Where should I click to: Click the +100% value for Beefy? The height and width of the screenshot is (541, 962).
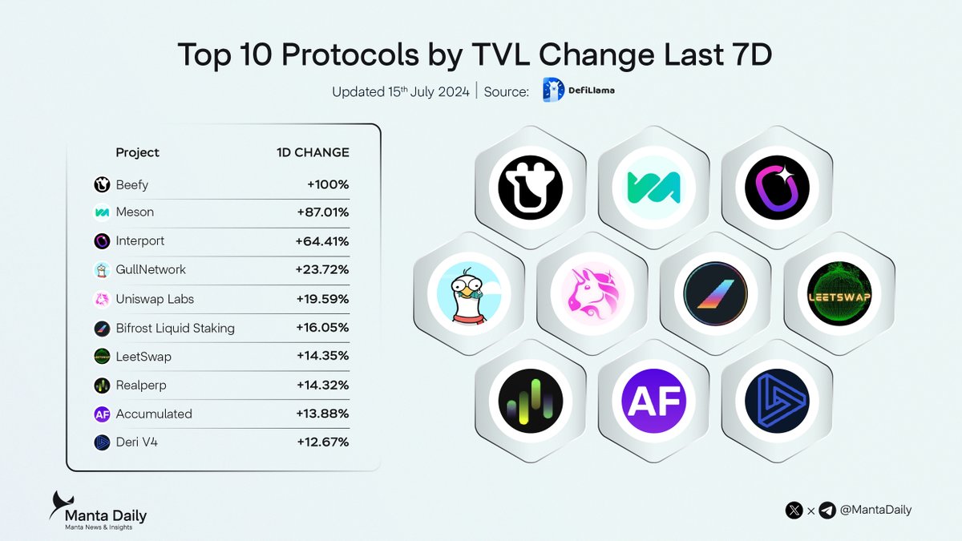tap(328, 185)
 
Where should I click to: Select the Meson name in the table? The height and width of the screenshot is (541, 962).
tap(135, 212)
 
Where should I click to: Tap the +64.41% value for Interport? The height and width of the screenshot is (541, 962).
tap(322, 240)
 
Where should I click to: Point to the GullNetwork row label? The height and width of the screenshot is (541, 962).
tap(151, 270)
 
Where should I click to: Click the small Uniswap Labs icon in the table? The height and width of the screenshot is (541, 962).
tap(102, 299)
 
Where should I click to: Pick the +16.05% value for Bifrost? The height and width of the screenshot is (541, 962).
tap(322, 328)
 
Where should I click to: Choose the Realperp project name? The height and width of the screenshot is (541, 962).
tap(141, 385)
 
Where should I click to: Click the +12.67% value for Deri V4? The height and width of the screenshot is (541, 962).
tap(323, 442)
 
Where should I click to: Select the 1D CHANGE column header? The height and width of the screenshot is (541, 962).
tap(307, 152)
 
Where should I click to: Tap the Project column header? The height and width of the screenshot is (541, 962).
tap(137, 152)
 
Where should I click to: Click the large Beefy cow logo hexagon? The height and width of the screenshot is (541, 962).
tap(530, 188)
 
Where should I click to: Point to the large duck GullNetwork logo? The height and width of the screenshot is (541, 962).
tap(469, 294)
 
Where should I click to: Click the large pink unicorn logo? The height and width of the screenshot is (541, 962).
tap(592, 294)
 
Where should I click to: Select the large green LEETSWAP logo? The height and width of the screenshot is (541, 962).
tap(839, 294)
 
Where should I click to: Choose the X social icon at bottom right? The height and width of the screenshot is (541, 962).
tap(794, 510)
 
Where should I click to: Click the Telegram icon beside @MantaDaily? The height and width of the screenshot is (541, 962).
tap(827, 510)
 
